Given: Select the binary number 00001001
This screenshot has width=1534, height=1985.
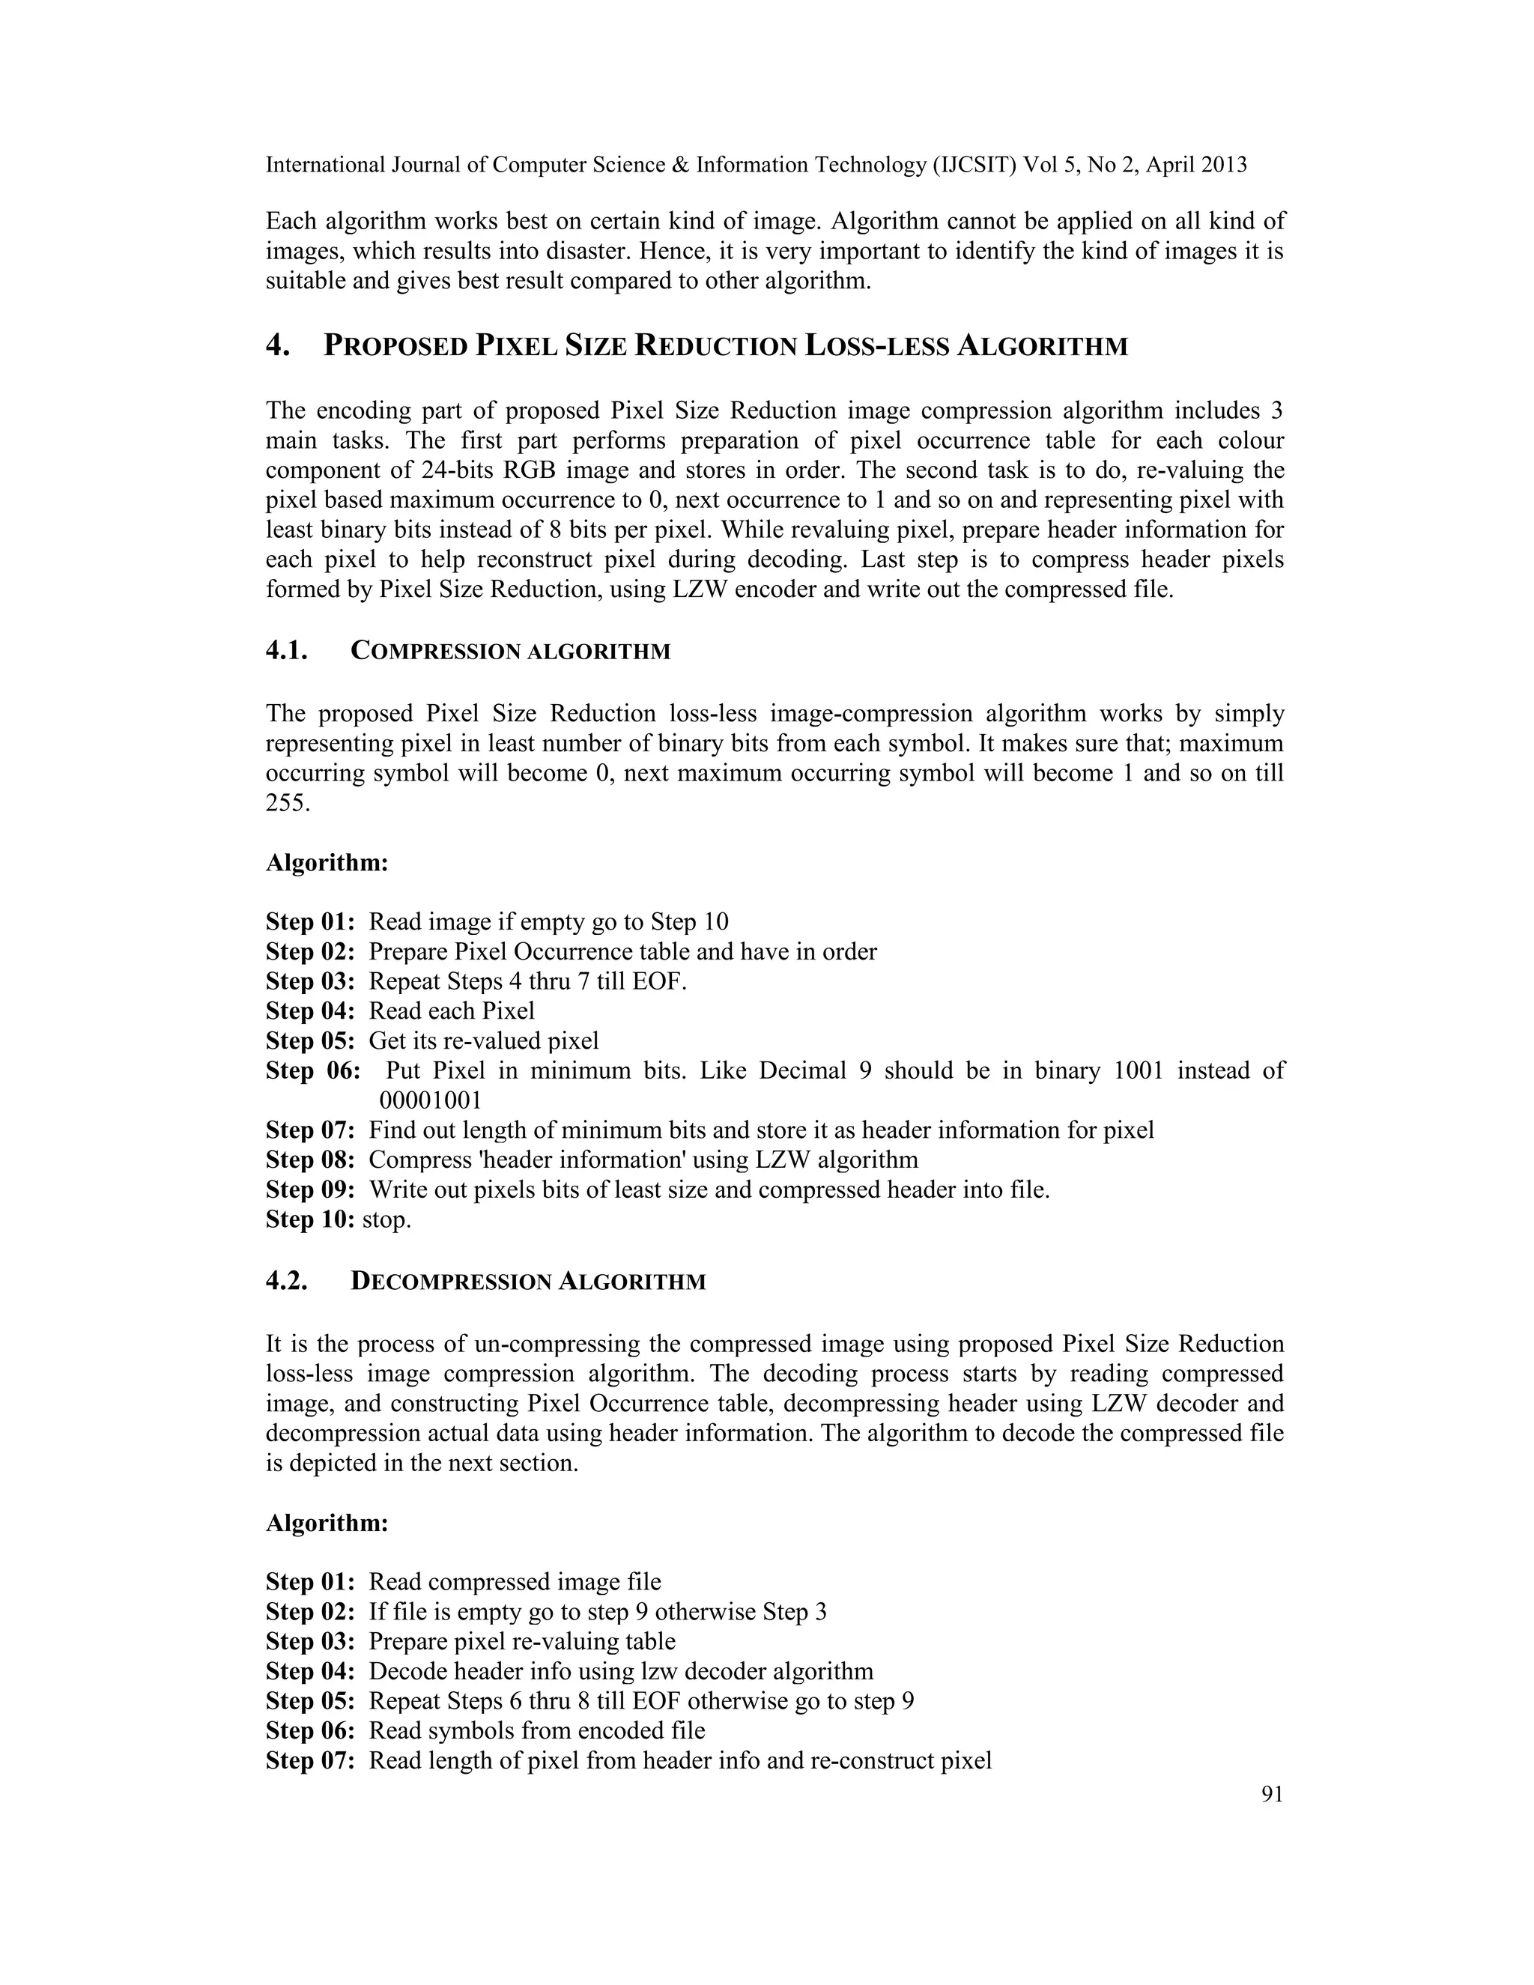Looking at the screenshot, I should tap(430, 1100).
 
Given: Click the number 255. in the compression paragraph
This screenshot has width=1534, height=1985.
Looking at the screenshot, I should tap(288, 804).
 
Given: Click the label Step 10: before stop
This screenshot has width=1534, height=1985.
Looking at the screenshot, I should tap(310, 1219).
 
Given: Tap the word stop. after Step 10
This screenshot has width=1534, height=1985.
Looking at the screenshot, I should tap(387, 1219).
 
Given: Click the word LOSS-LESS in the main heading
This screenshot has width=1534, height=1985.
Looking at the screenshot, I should tap(875, 346).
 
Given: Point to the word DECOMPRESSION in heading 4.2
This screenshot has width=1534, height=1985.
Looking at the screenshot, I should tap(451, 1282).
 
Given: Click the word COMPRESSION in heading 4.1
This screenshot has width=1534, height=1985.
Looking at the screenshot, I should tap(435, 652).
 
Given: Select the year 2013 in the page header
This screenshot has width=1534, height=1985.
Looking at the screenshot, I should tap(1223, 166).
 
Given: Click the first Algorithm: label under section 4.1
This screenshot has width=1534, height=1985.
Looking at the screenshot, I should tap(327, 862).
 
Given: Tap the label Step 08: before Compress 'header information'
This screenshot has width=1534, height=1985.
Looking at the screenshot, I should tap(310, 1160).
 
